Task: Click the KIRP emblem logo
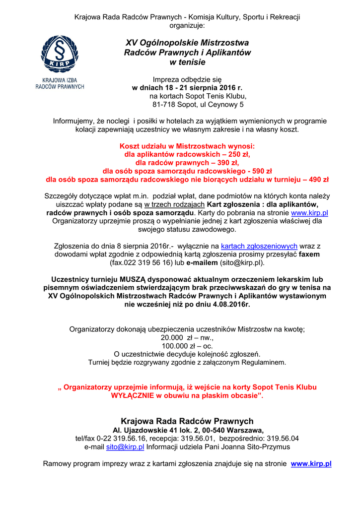point(59,55)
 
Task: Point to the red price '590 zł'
point(256,170)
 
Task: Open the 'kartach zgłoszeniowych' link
point(259,246)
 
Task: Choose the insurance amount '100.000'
point(173,346)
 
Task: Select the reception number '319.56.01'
point(198,439)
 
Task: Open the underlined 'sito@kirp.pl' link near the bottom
point(125,447)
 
